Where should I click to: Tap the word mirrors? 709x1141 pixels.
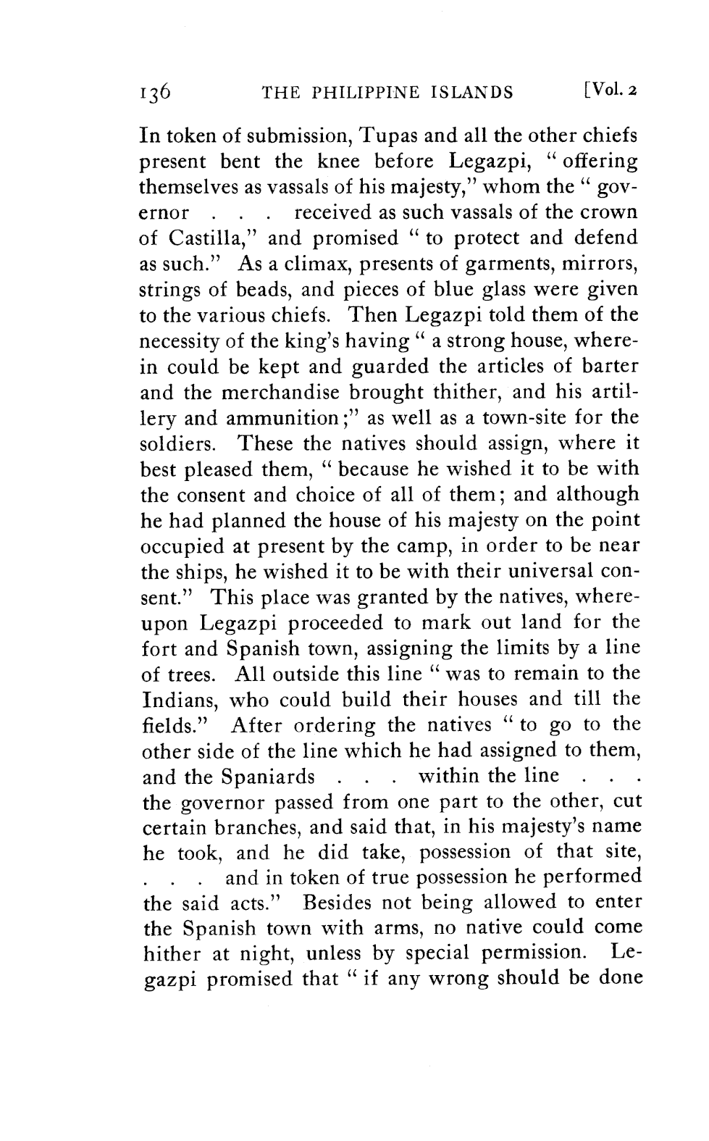pos(604,264)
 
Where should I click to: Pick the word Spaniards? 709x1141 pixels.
pos(268,777)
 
